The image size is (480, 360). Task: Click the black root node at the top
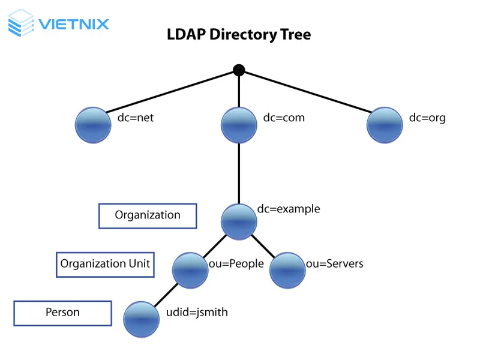(x=239, y=70)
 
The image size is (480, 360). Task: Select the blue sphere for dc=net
(x=93, y=125)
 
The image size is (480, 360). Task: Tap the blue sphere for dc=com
(x=239, y=125)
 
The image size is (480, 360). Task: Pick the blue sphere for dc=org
(x=385, y=125)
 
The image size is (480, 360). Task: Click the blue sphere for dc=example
(x=239, y=221)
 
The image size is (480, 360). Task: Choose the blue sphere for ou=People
(x=190, y=271)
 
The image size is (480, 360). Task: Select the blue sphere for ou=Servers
(x=287, y=271)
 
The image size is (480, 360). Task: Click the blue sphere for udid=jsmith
(x=142, y=319)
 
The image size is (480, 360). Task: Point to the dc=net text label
(x=136, y=118)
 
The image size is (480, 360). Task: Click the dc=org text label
(x=427, y=118)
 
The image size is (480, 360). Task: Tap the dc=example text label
(x=289, y=209)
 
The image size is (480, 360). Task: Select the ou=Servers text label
(x=335, y=263)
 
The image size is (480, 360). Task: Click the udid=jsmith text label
(x=197, y=312)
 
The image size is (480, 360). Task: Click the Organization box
(x=148, y=215)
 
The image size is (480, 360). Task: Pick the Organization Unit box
(x=105, y=264)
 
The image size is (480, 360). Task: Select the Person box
(x=62, y=313)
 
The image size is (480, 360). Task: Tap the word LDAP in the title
(x=184, y=35)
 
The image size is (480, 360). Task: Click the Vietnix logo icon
(x=22, y=23)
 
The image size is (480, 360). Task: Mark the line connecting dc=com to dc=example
(x=239, y=174)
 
